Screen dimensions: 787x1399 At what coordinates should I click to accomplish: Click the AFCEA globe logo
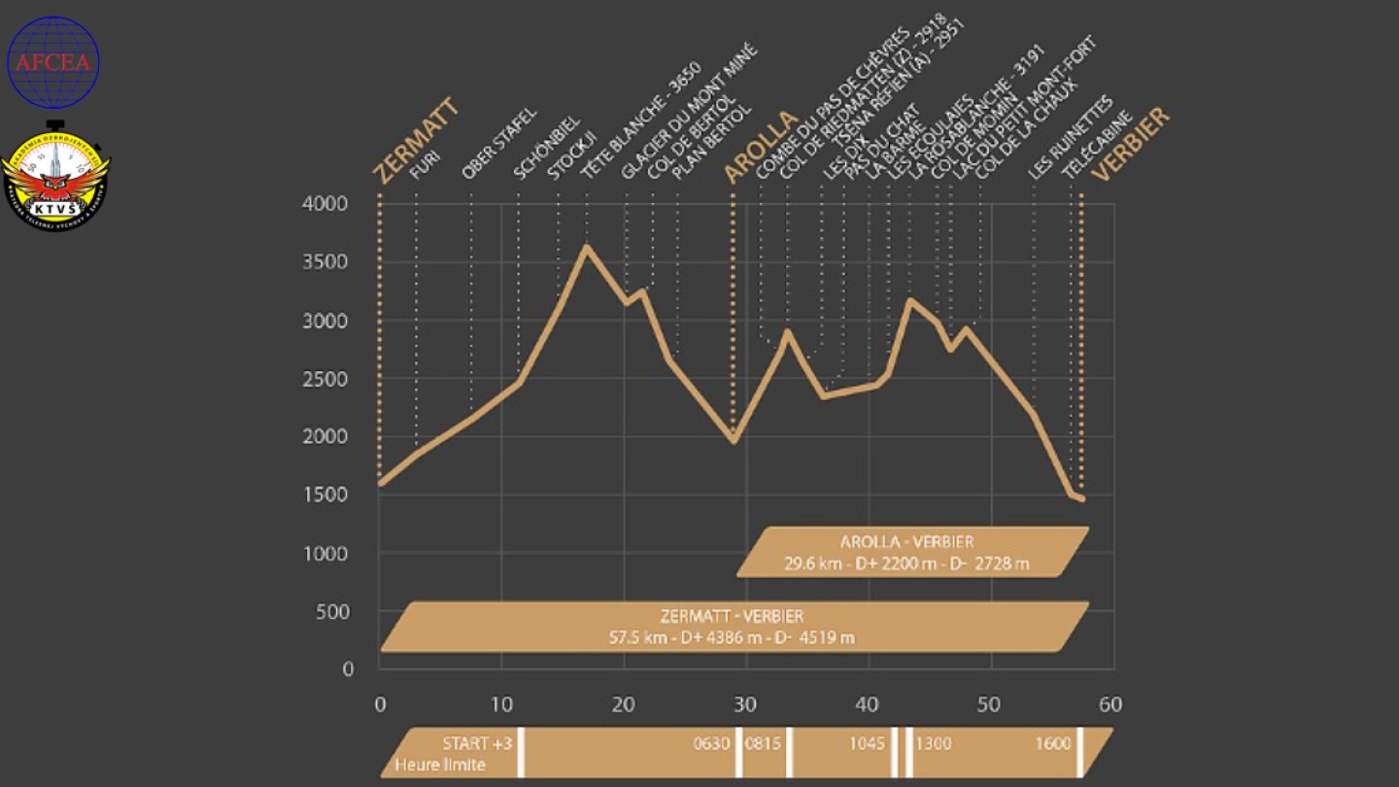coord(53,62)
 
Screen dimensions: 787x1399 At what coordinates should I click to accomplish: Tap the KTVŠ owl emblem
coord(55,179)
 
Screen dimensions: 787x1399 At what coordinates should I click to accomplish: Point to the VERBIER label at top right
coord(1130,145)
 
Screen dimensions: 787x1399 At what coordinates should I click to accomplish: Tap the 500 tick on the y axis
coord(335,611)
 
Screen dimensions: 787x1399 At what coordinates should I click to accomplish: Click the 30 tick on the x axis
coord(745,704)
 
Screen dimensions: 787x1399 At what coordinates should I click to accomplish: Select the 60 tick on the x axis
coord(1109,704)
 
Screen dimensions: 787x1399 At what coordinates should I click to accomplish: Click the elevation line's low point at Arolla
coord(734,440)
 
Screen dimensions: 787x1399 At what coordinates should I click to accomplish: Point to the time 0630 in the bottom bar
coord(711,744)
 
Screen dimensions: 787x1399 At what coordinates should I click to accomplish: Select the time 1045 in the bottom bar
coord(867,744)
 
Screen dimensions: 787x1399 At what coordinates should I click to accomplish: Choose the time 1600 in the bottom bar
coord(1052,744)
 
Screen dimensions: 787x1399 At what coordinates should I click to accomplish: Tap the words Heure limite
coord(439,765)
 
